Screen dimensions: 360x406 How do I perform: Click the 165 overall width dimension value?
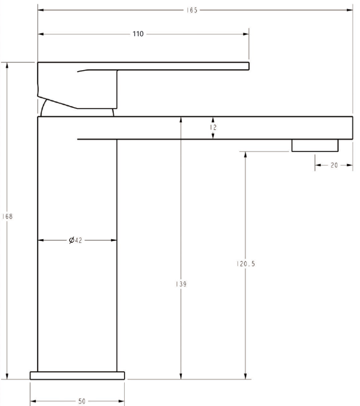192,10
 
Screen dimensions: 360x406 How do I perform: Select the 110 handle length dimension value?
138,34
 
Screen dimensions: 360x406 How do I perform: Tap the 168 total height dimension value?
7,216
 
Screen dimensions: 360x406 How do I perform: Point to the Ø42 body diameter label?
75,240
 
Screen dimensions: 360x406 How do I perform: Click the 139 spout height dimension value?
181,284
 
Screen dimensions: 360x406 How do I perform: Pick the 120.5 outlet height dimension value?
246,264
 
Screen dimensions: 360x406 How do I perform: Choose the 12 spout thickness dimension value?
213,127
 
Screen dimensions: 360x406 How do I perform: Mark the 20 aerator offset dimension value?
334,165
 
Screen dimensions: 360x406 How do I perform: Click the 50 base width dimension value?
82,402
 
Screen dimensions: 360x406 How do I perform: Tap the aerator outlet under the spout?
315,145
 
